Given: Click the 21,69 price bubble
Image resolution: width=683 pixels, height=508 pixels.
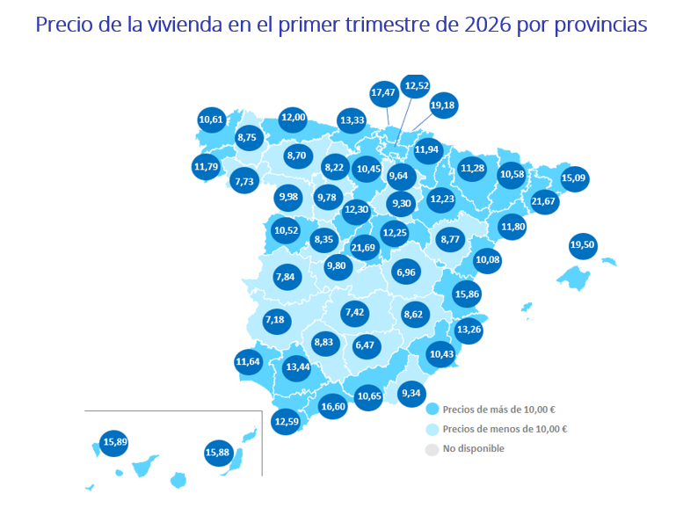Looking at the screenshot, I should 363,248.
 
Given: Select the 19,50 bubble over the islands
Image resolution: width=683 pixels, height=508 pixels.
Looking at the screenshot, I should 582,245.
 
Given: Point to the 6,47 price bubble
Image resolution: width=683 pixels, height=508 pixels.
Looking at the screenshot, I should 365,346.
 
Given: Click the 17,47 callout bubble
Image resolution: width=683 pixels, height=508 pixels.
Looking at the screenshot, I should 383,91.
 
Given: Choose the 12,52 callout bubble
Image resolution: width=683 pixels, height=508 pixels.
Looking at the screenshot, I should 415,85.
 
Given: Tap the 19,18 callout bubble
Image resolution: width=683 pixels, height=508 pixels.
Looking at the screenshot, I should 443,105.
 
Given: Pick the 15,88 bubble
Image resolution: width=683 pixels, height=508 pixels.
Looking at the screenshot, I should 217,454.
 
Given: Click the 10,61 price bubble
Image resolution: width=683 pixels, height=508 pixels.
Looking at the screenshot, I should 212,120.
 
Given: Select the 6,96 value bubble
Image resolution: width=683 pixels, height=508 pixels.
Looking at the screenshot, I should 405,272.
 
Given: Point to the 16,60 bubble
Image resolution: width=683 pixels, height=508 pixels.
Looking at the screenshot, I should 333,406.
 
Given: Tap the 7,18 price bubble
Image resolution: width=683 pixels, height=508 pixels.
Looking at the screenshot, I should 276,319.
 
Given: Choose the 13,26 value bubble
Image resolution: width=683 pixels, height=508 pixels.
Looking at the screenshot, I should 468,330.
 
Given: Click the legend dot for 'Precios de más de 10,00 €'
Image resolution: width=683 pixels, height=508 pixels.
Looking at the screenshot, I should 431,410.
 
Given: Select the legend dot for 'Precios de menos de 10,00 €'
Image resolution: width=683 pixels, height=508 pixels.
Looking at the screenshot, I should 431,430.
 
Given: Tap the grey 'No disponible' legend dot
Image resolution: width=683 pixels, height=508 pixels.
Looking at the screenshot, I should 431,449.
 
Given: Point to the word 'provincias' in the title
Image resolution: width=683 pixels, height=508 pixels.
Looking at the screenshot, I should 601,24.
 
